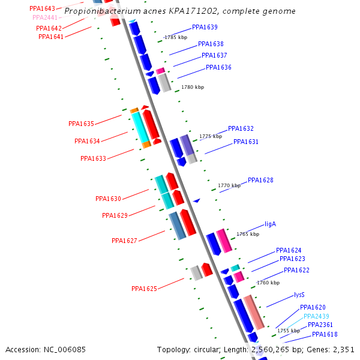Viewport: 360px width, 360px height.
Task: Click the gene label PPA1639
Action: coord(205,27)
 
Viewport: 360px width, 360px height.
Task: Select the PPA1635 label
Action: coord(81,124)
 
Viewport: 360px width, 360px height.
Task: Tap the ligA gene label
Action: coord(270,224)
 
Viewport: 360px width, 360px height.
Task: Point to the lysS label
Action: coord(299,295)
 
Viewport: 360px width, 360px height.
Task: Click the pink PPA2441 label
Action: coord(45,18)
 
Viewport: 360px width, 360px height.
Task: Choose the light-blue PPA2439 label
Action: coord(316,316)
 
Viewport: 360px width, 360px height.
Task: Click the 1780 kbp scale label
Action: coord(192,87)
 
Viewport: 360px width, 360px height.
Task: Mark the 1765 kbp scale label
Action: coord(248,234)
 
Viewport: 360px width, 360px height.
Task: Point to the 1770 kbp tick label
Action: coord(229,186)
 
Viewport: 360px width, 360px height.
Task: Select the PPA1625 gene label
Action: coord(144,289)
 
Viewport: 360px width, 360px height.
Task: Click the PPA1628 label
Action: coord(260,180)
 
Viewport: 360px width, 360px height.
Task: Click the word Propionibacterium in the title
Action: coord(100,11)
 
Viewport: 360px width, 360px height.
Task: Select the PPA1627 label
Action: coord(124,241)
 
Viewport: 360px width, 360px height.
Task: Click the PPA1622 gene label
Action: coord(296,270)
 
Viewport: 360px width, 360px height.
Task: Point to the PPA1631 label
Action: coord(246,142)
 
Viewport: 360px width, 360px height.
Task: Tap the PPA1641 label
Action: coord(51,37)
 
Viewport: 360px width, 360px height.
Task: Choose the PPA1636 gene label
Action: coord(218,67)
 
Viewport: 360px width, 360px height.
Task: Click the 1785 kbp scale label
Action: coord(176,37)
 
